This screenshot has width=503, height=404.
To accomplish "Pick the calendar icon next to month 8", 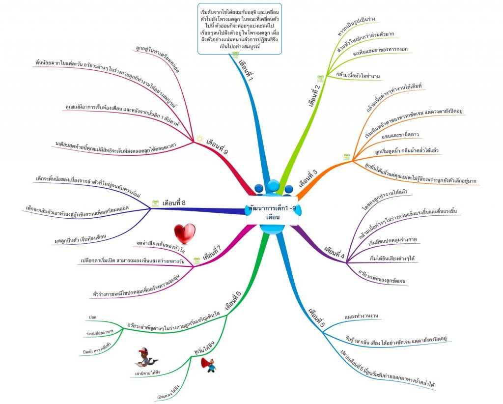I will point(155,202).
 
